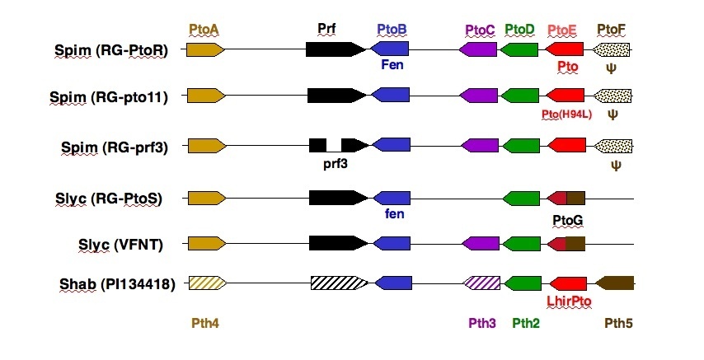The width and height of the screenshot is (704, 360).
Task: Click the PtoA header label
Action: click(204, 30)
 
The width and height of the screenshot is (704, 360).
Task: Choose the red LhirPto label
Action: click(568, 302)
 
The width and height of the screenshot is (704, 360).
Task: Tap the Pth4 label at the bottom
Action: click(204, 324)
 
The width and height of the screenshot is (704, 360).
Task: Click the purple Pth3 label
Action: click(481, 324)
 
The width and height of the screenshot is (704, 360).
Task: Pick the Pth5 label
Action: click(618, 324)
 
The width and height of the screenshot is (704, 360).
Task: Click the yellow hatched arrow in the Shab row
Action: click(206, 283)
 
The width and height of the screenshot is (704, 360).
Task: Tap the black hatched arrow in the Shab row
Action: click(339, 283)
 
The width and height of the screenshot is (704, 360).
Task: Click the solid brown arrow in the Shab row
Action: click(614, 283)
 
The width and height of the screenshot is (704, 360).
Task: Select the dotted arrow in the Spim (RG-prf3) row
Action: click(612, 146)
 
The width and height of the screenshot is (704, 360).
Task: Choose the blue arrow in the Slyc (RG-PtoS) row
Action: click(392, 198)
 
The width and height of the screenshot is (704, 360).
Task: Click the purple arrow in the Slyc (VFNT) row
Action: click(479, 243)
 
